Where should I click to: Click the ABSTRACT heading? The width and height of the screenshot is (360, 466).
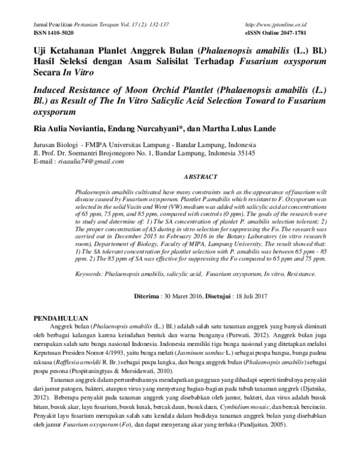(199, 178)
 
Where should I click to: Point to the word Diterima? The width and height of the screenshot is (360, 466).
(146, 295)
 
